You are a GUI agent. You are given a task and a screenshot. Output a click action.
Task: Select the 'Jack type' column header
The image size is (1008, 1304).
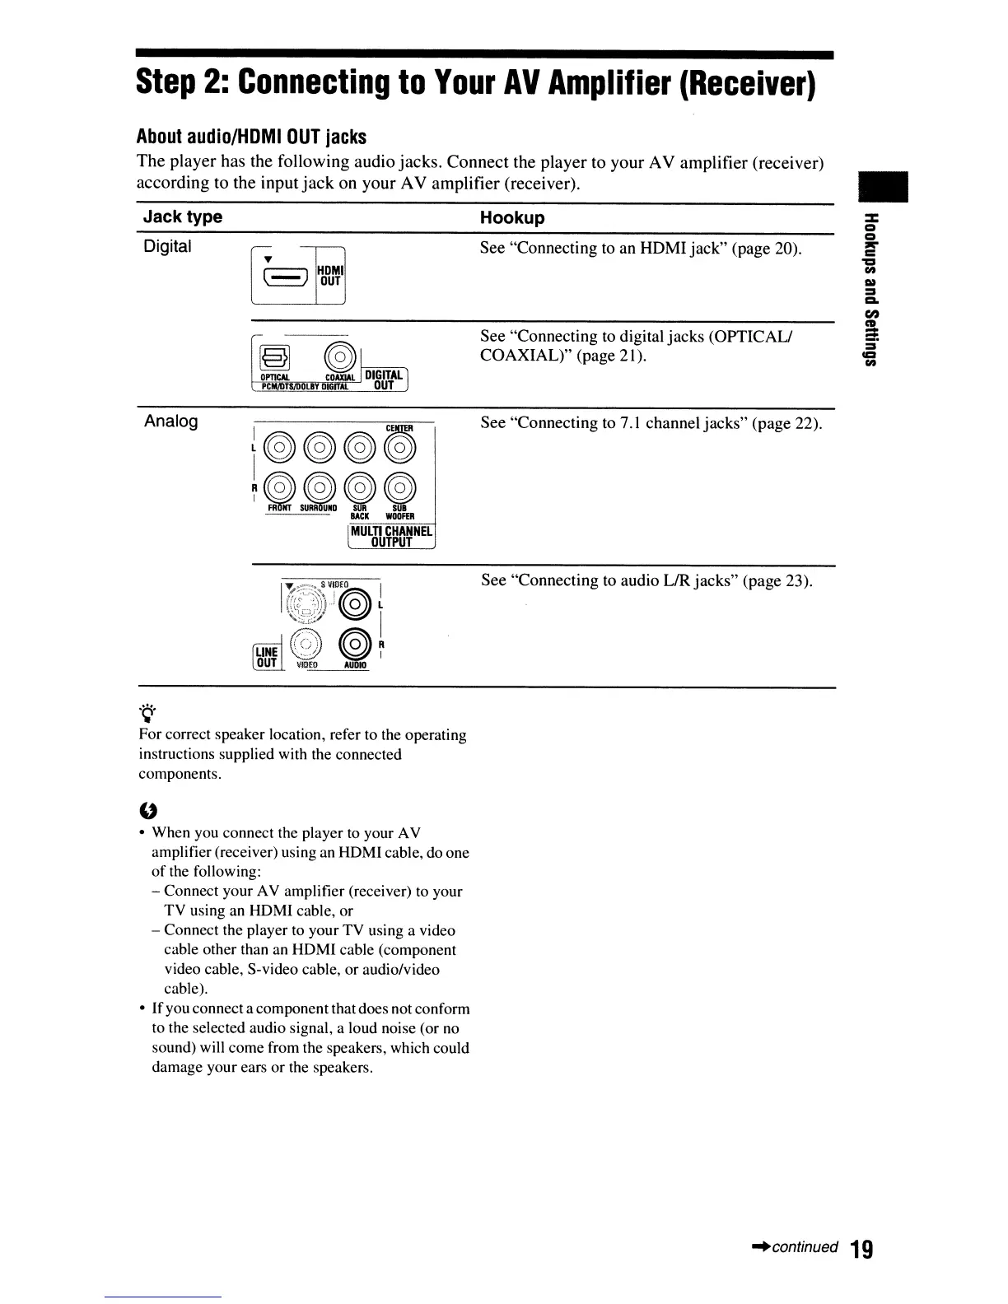(x=183, y=217)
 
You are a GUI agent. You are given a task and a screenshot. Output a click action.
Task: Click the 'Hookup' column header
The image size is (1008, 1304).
(x=512, y=218)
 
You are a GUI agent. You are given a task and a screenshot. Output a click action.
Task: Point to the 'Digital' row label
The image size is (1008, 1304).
(x=167, y=246)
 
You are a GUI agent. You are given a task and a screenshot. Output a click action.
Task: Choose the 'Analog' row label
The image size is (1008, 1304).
(x=170, y=421)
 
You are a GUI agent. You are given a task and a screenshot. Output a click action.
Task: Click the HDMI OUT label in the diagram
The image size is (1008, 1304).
(x=331, y=274)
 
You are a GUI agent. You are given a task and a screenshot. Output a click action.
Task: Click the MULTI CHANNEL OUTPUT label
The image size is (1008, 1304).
(x=391, y=536)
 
